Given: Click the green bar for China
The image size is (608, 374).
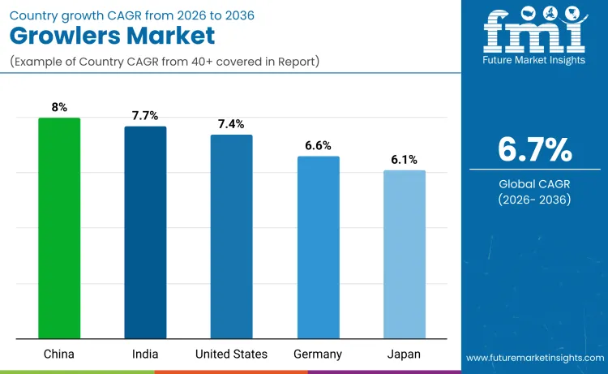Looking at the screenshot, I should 59,228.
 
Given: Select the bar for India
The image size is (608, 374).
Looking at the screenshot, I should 145,232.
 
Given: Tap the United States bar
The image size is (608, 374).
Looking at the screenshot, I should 231,236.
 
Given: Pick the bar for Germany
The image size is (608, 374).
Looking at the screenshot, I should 318,247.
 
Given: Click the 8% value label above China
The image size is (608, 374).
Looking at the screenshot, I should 59,106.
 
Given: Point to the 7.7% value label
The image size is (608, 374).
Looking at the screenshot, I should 146,115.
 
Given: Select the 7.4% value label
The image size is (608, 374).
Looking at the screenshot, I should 232,123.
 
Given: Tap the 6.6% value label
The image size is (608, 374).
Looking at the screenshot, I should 318,145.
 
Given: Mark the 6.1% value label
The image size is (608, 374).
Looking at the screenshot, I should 404,159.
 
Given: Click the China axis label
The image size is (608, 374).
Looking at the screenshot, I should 59,355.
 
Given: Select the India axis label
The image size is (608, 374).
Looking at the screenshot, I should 145,355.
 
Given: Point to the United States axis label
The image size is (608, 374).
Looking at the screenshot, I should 231,355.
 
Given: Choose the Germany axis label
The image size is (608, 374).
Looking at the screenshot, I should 318,355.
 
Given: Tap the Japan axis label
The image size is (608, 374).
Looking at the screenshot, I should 404,355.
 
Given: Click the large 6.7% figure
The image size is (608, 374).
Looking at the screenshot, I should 534,150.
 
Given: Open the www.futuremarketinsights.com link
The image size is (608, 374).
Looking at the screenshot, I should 534,358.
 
